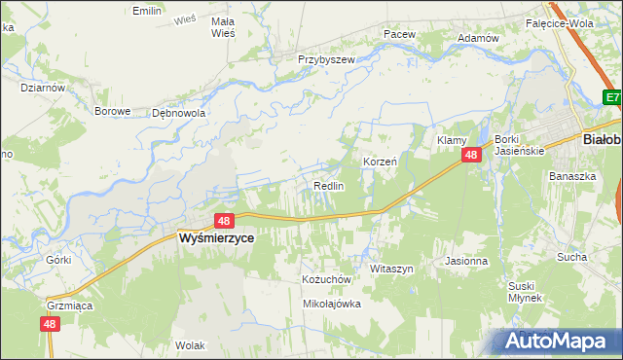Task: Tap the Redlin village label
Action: click(x=328, y=186)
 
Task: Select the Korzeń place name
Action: click(x=380, y=161)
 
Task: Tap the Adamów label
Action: click(x=478, y=38)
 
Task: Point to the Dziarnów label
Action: click(x=42, y=87)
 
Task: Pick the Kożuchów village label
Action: click(x=325, y=278)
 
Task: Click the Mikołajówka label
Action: click(x=332, y=304)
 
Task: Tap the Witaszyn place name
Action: click(x=392, y=268)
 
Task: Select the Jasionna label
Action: click(x=465, y=261)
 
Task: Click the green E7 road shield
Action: click(x=611, y=97)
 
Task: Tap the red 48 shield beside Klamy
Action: click(x=471, y=156)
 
